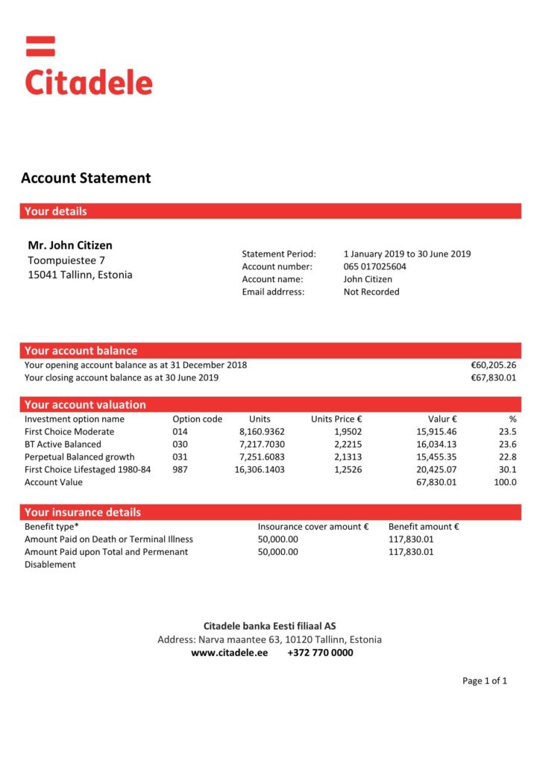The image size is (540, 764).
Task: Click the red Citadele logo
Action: [x=89, y=69]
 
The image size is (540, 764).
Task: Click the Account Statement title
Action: [x=86, y=178]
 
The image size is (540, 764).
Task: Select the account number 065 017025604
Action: [x=374, y=266]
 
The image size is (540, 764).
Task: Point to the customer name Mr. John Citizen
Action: [x=70, y=245]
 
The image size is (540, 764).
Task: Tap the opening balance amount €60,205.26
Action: [x=493, y=366]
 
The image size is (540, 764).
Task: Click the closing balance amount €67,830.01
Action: [x=493, y=378]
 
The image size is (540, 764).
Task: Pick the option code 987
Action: [x=180, y=470]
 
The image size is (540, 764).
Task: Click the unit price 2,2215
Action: [x=348, y=445]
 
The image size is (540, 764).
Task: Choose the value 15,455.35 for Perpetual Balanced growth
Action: [x=436, y=457]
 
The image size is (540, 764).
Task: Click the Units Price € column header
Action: [x=336, y=419]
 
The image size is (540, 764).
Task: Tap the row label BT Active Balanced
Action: [x=63, y=445]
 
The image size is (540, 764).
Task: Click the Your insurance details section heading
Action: [x=83, y=513]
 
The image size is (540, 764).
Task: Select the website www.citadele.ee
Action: [x=229, y=653]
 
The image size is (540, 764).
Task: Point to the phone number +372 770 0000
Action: [x=320, y=653]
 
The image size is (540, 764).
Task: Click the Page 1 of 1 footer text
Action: [x=485, y=681]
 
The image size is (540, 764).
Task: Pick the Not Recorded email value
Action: [x=371, y=292]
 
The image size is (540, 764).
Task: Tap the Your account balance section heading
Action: [x=81, y=351]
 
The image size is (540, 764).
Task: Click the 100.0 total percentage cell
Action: [x=505, y=483]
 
